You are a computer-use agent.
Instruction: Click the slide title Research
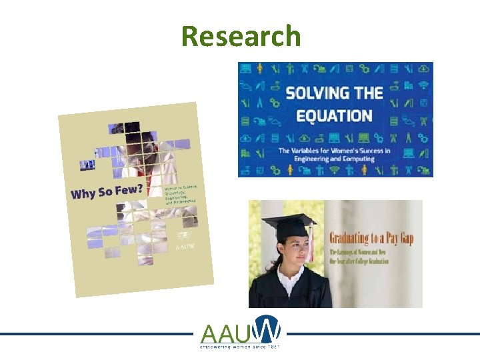point(241,36)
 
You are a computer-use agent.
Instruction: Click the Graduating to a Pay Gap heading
point(371,239)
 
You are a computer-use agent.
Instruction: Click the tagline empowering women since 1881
point(240,347)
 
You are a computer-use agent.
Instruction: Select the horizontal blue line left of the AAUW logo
point(100,334)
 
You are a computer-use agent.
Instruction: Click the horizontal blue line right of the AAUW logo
point(380,334)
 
